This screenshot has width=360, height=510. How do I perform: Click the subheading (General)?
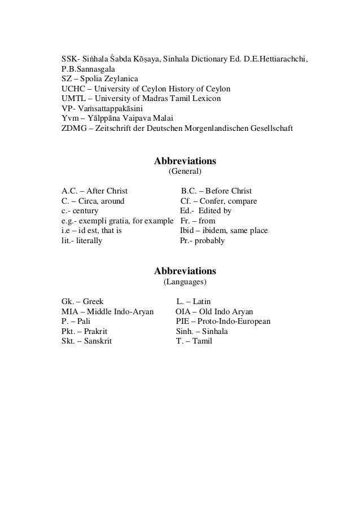pos(185,170)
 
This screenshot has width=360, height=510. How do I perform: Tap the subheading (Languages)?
pos(185,281)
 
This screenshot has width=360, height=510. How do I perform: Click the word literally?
pos(87,241)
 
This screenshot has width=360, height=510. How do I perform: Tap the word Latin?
pos(201,301)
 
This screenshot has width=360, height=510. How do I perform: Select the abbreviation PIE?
pos(183,322)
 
